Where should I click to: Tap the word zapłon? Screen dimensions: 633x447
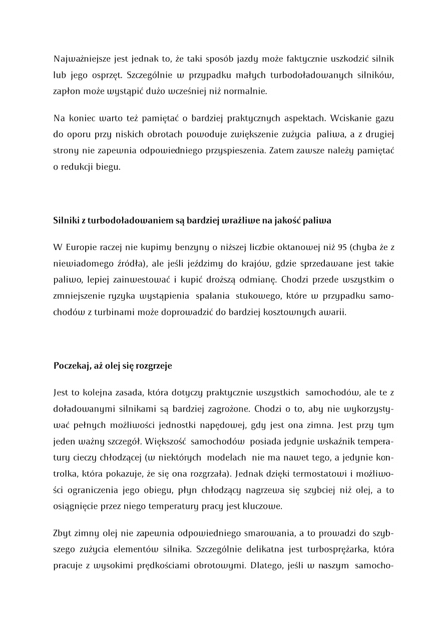[x=65, y=91]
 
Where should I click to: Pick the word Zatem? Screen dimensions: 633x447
[x=281, y=150]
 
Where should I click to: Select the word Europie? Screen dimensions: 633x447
[x=81, y=247]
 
